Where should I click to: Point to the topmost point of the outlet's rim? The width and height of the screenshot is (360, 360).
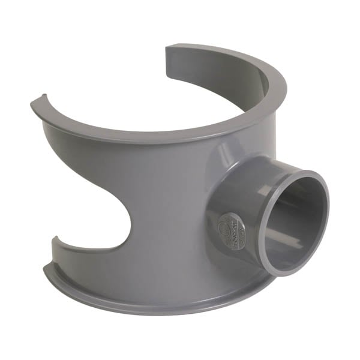[x=303, y=172]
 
